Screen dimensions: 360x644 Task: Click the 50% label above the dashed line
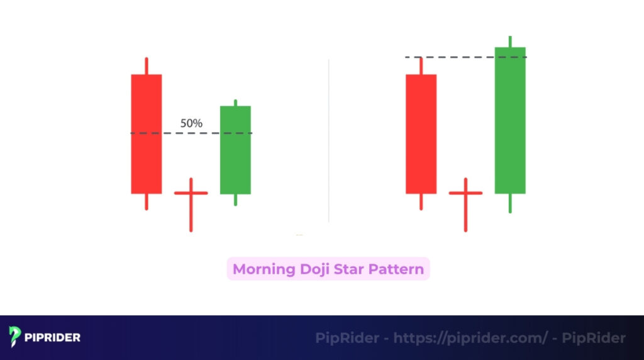tap(191, 123)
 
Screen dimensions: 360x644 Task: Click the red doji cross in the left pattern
tap(191, 193)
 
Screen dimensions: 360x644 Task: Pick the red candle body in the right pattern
tap(421, 133)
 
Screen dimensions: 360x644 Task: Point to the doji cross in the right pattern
tap(465, 193)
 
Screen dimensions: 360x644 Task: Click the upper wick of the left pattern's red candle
tap(147, 66)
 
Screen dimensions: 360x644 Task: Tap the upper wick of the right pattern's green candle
tap(510, 42)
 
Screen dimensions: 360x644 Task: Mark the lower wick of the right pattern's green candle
tap(510, 203)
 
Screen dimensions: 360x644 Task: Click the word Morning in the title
tap(264, 269)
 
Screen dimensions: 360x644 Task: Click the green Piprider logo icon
tap(16, 337)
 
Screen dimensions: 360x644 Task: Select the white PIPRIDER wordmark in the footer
tap(53, 337)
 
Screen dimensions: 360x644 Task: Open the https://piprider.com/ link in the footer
tap(470, 338)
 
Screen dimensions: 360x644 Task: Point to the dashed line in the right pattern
tap(465, 57)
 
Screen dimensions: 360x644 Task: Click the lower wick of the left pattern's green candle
tap(235, 200)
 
